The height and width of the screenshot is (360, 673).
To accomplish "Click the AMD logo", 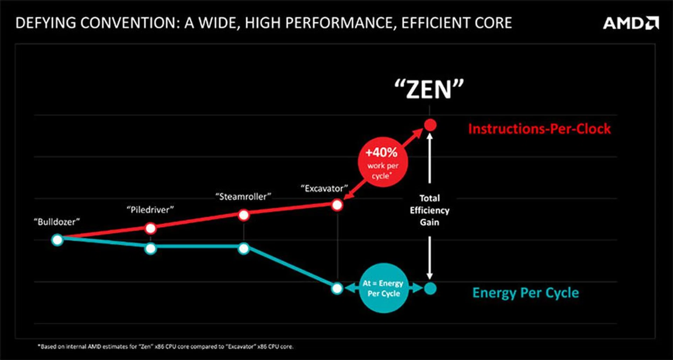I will tap(631, 23).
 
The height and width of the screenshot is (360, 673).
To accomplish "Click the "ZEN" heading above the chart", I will tap(429, 90).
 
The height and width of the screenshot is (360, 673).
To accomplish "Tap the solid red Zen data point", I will tap(430, 125).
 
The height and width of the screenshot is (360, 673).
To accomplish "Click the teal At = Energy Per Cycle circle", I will tap(383, 288).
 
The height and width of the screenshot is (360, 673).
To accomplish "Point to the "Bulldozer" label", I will tap(57, 222).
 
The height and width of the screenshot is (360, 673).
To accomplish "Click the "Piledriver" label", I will tap(150, 210).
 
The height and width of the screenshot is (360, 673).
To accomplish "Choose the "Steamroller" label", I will tap(243, 197).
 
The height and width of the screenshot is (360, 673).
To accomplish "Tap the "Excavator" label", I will tap(324, 189).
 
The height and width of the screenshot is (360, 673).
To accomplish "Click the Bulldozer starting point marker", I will tap(57, 240).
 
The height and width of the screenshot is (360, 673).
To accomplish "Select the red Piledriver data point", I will tap(150, 228).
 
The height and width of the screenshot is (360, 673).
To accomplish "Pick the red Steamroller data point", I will tap(244, 215).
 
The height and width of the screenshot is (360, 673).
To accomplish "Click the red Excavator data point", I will tap(337, 205).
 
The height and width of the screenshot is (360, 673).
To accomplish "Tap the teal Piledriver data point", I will tap(150, 249).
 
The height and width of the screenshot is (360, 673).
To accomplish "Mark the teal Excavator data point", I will tap(337, 288).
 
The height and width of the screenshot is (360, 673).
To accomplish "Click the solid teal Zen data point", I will tap(430, 288).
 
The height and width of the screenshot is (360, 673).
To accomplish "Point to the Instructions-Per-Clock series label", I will tap(539, 129).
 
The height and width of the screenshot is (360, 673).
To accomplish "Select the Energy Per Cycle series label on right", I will tap(525, 293).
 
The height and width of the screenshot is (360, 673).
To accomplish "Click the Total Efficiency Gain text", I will tap(429, 210).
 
